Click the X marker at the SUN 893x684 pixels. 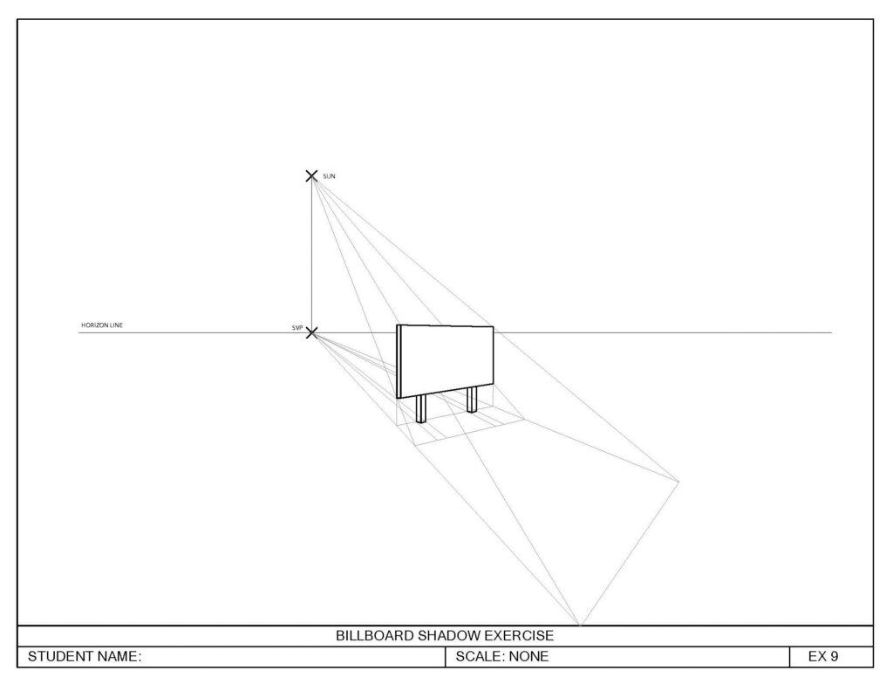pyautogui.click(x=311, y=175)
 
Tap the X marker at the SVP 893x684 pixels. pyautogui.click(x=311, y=332)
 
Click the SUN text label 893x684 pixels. pyautogui.click(x=329, y=176)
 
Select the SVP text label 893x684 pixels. pyautogui.click(x=297, y=328)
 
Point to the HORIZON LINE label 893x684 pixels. pyautogui.click(x=102, y=325)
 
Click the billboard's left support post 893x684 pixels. pyautogui.click(x=421, y=408)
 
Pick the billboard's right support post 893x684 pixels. pyautogui.click(x=472, y=399)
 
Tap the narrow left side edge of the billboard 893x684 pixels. pyautogui.click(x=399, y=361)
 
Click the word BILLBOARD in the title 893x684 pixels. pyautogui.click(x=375, y=635)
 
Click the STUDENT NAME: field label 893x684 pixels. pyautogui.click(x=85, y=657)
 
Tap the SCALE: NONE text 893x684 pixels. pyautogui.click(x=502, y=657)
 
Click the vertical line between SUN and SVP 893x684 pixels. pyautogui.click(x=311, y=254)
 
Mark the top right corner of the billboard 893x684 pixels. pyautogui.click(x=494, y=326)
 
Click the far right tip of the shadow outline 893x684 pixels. pyautogui.click(x=678, y=482)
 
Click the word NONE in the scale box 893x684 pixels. pyautogui.click(x=529, y=657)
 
